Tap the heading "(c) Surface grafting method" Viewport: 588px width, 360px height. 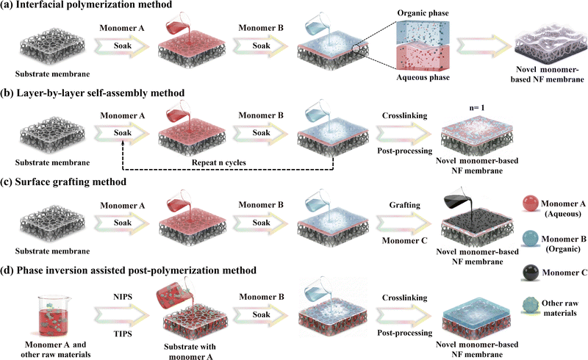69,180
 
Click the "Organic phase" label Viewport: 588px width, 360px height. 417,12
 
